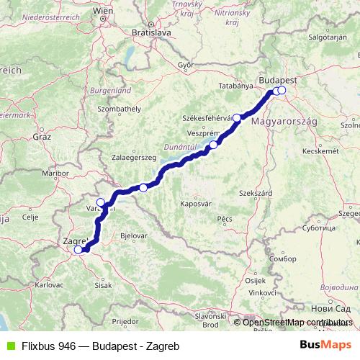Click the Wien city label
(104, 12)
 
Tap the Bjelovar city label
(135, 235)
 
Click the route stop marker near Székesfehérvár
(236, 117)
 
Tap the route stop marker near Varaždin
(101, 202)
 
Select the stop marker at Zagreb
(78, 250)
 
